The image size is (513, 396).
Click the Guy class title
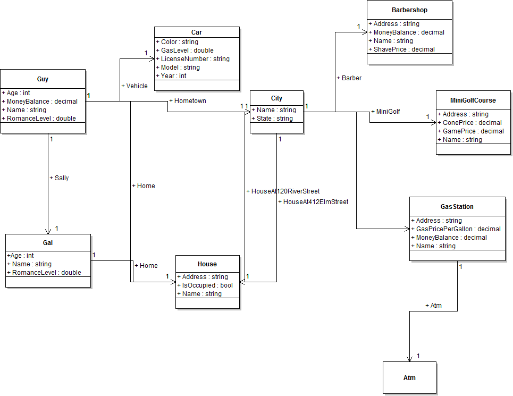click(43, 79)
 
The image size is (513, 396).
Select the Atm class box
click(409, 378)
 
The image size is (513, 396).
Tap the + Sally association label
click(58, 178)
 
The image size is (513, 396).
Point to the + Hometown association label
click(187, 101)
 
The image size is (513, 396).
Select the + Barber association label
click(349, 78)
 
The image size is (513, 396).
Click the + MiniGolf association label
click(385, 112)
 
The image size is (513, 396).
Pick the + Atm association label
click(433, 306)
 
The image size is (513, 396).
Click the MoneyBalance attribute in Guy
click(42, 102)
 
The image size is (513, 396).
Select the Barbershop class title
click(409, 10)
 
